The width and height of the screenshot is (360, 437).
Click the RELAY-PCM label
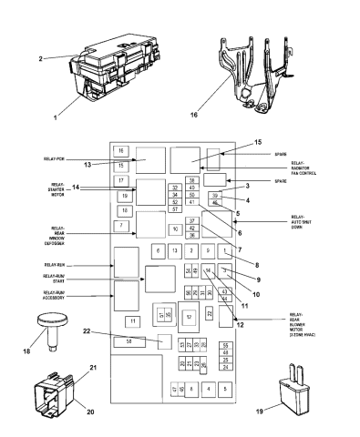pyautogui.click(x=79, y=158)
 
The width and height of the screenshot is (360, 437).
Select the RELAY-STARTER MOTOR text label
pyautogui.click(x=79, y=190)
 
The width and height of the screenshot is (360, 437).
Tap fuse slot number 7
pyautogui.click(x=121, y=225)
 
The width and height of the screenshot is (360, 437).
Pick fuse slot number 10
pyautogui.click(x=174, y=229)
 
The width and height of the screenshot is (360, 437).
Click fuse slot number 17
pyautogui.click(x=121, y=180)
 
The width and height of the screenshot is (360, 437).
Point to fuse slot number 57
pyautogui.click(x=174, y=209)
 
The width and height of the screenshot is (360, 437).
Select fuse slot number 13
pyautogui.click(x=174, y=249)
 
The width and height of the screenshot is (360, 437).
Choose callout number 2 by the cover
pyautogui.click(x=42, y=59)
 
